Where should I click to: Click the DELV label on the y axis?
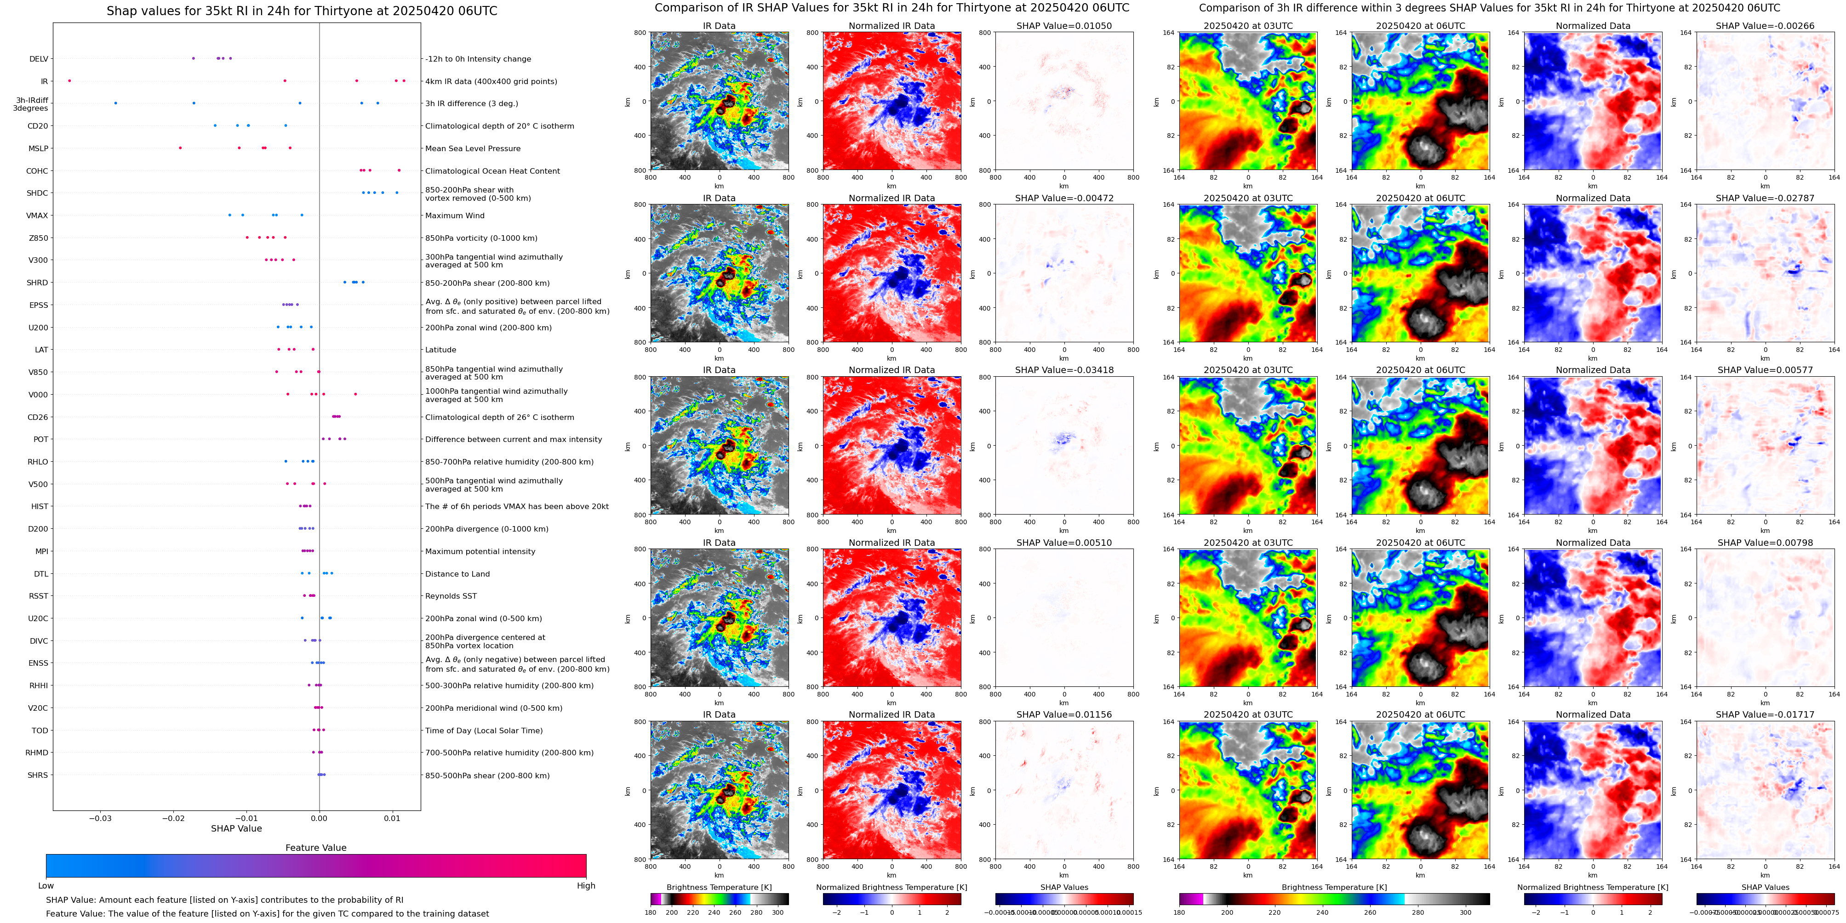pyautogui.click(x=39, y=59)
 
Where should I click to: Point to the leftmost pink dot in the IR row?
pyautogui.click(x=69, y=81)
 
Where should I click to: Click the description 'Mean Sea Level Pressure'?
pyautogui.click(x=472, y=149)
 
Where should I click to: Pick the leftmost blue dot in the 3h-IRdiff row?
pyautogui.click(x=115, y=103)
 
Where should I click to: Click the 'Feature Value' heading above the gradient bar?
pyautogui.click(x=315, y=848)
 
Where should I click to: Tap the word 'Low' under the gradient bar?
pyautogui.click(x=46, y=886)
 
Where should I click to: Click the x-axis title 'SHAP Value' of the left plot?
pyautogui.click(x=236, y=828)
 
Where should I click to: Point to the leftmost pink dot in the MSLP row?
pyautogui.click(x=180, y=148)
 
